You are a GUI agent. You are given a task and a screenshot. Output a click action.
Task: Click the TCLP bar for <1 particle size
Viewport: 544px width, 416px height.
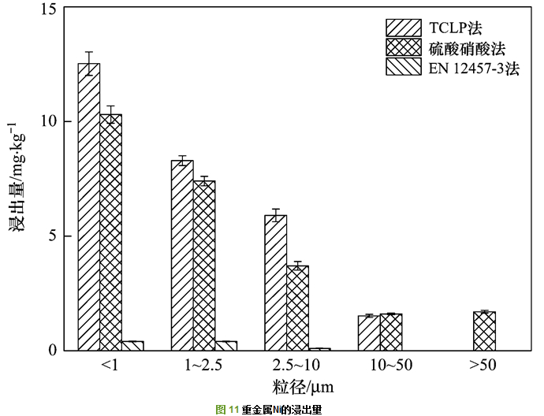point(88,206)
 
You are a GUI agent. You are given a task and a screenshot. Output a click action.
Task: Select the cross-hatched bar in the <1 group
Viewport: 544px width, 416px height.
point(110,232)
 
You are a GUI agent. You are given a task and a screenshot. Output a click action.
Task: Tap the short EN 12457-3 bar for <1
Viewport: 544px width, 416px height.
point(132,345)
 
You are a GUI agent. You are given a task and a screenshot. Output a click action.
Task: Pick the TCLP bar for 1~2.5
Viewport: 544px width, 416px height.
point(182,255)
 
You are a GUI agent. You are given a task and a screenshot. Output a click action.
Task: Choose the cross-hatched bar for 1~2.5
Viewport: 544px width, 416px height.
point(204,266)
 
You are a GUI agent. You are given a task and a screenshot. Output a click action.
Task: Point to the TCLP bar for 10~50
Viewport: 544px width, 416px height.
point(368,333)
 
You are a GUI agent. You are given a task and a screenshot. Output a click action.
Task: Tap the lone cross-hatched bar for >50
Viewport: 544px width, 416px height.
point(484,331)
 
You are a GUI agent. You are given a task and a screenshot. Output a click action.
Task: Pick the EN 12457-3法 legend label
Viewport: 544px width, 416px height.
point(474,69)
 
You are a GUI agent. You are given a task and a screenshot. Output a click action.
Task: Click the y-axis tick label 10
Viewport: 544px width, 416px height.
point(49,122)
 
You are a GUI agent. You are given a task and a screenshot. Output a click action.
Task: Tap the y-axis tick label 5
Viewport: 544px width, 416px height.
point(52,236)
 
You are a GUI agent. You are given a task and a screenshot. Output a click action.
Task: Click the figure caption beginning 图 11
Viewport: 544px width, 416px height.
point(268,409)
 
